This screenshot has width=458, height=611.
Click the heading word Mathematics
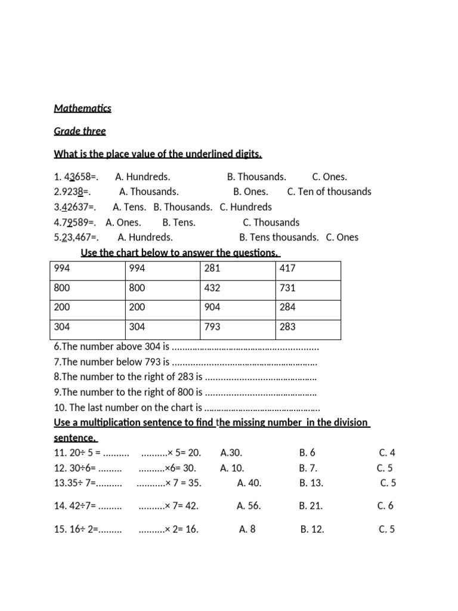[82, 109]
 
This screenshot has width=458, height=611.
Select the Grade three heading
[80, 131]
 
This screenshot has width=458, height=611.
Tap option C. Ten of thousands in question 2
[329, 192]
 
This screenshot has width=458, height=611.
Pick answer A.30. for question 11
[231, 453]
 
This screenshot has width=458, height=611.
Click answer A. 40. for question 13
[249, 483]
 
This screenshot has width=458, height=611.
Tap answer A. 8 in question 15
[247, 529]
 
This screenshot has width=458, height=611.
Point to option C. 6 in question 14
[385, 506]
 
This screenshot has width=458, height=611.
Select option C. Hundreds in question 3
[246, 207]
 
